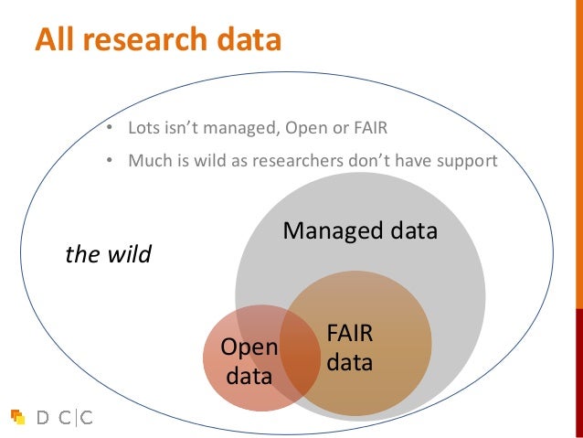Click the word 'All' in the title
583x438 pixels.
pyautogui.click(x=57, y=39)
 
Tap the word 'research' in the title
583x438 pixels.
pyautogui.click(x=147, y=39)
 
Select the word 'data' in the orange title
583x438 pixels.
pyautogui.click(x=248, y=39)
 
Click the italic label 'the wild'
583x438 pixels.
pyautogui.click(x=108, y=253)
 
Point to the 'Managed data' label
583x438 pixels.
pyautogui.click(x=360, y=230)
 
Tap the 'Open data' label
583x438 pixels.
pyautogui.click(x=249, y=360)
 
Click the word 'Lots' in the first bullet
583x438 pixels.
pyautogui.click(x=145, y=127)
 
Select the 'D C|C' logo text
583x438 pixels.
pyautogui.click(x=64, y=417)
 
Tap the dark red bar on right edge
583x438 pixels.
pyautogui.click(x=578, y=366)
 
